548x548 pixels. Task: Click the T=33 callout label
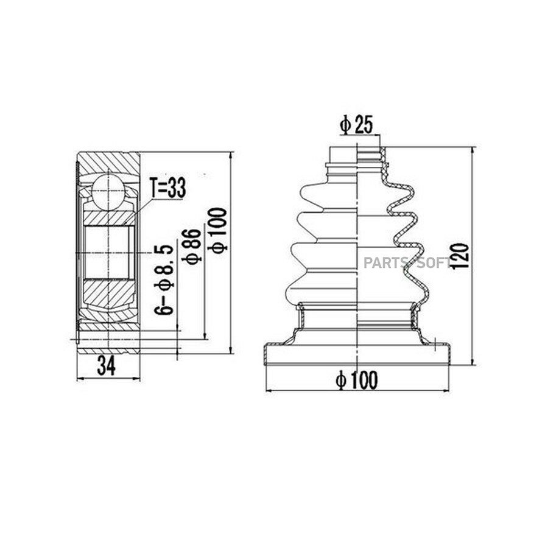coord(168,188)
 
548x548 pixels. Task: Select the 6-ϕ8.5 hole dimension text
coord(164,279)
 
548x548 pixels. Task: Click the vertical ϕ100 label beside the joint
coord(217,230)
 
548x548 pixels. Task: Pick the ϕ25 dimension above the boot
coord(356,125)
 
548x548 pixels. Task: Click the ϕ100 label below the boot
coord(356,380)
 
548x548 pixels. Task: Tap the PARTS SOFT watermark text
coord(407,262)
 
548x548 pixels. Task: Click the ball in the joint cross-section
coord(108,192)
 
